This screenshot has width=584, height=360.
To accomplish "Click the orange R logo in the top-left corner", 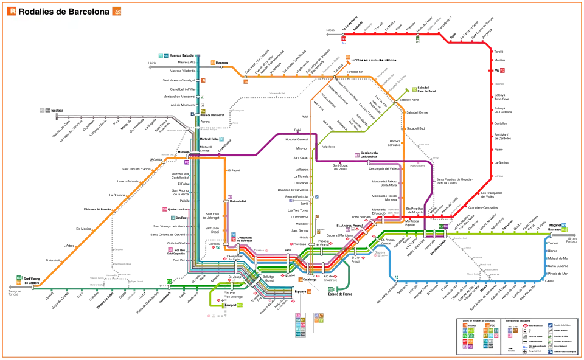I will pyautogui.click(x=13, y=10).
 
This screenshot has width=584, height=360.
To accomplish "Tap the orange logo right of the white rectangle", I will pyautogui.click(x=117, y=11).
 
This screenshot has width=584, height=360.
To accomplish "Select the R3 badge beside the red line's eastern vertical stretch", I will pyautogui.click(x=502, y=71).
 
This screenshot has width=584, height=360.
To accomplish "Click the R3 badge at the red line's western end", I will pyautogui.click(x=344, y=39).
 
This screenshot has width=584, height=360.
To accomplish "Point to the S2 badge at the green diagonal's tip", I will pyautogui.click(x=414, y=89).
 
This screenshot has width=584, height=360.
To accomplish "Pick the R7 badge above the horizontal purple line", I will pyautogui.click(x=356, y=156).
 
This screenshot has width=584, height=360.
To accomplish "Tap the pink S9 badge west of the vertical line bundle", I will pyautogui.click(x=164, y=209).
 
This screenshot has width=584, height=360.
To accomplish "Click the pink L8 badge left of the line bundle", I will pyautogui.click(x=170, y=249).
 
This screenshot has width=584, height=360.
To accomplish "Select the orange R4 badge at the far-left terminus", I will pyautogui.click(x=19, y=283).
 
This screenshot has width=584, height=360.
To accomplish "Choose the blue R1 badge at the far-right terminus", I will pyautogui.click(x=564, y=226).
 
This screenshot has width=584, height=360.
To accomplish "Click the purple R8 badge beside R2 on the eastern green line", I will pyautogui.click(x=446, y=227).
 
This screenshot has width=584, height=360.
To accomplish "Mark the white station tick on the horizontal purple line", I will pyautogui.click(x=368, y=162).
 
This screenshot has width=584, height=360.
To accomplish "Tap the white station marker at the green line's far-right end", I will pyautogui.click(x=551, y=235).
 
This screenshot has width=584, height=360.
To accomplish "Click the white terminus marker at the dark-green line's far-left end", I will pyautogui.click(x=33, y=288).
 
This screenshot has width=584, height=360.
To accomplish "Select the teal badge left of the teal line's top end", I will pyautogui.click(x=162, y=55).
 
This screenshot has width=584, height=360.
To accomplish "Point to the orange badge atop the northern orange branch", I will pyautogui.click(x=348, y=57).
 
